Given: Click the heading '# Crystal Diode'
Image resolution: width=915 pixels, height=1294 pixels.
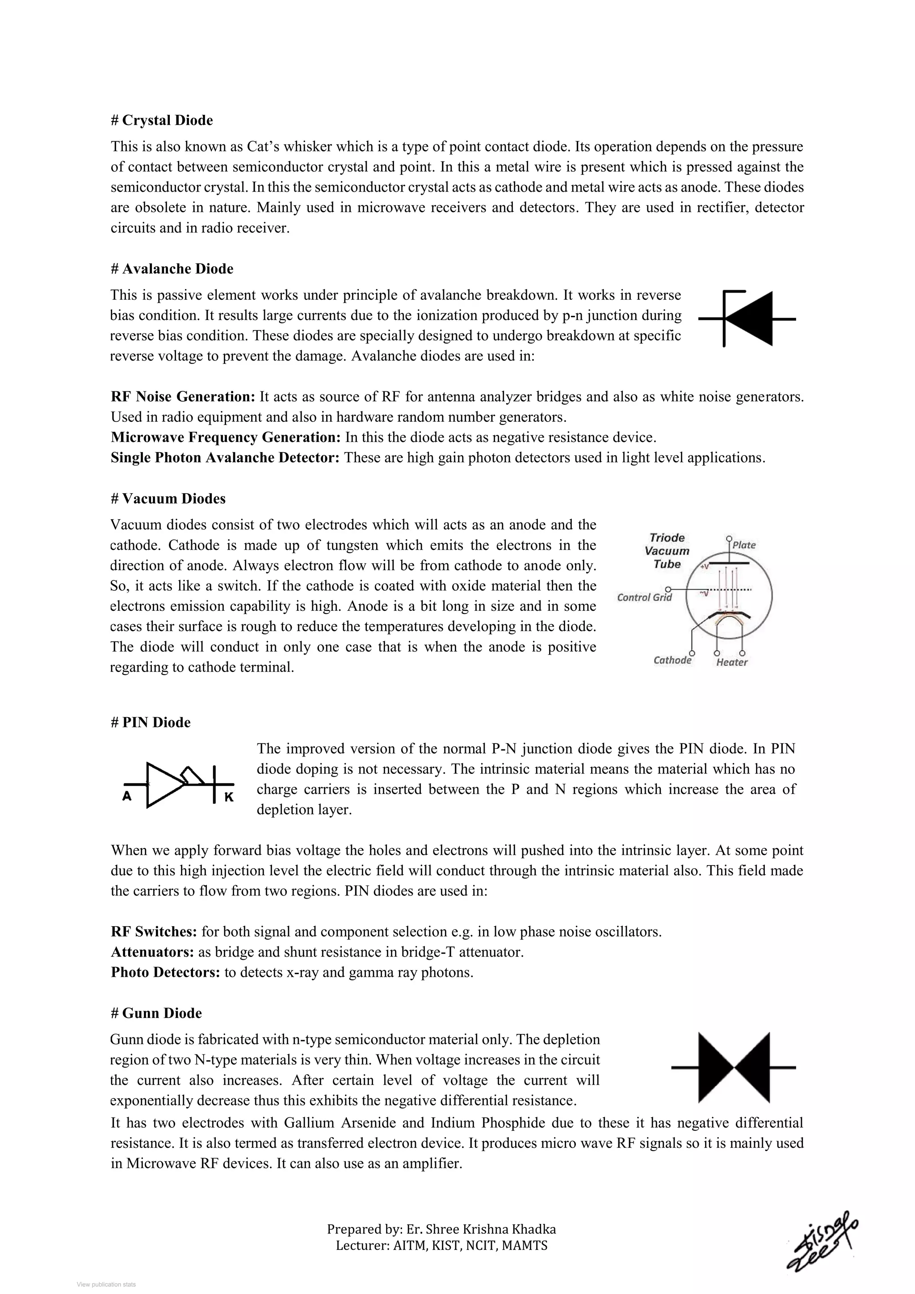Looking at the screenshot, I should click(162, 121).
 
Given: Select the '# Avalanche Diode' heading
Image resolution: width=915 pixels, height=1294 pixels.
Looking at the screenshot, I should click(172, 269).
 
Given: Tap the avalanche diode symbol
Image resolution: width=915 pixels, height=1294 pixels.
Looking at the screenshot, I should click(747, 319).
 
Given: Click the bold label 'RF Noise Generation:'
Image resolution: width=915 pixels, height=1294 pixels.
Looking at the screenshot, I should click(183, 397).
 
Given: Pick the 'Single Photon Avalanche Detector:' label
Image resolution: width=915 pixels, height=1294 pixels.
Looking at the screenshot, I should click(225, 458).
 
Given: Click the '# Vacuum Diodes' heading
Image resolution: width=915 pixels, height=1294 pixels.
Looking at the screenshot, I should click(168, 499).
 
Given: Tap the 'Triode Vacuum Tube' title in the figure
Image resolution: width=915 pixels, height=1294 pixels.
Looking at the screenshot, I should click(667, 550).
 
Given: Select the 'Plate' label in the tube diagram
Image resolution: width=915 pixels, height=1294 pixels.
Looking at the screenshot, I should click(744, 545).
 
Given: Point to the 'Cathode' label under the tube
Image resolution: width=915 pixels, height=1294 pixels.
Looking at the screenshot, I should click(672, 660).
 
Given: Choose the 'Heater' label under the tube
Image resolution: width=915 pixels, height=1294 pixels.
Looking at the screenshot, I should click(731, 662).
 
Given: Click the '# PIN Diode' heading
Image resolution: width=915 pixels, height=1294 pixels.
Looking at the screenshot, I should click(151, 723).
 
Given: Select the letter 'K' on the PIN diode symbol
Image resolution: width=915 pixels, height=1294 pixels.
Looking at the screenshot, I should click(229, 798).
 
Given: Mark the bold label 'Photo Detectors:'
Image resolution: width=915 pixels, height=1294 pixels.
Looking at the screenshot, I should click(165, 973).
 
